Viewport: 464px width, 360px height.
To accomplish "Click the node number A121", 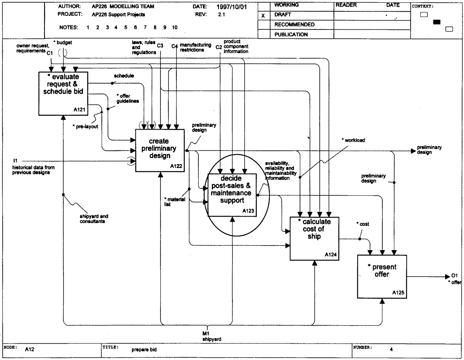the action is tap(79, 110).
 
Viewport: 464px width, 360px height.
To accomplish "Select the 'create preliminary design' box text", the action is tap(159, 148).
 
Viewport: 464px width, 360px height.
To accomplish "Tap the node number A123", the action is tap(248, 211).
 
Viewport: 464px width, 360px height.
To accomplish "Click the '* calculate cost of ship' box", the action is tap(314, 239).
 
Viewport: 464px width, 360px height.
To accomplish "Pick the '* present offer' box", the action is tap(382, 277).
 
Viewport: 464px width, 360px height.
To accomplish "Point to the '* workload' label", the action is tap(353, 140).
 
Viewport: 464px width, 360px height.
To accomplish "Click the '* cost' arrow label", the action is tap(363, 224).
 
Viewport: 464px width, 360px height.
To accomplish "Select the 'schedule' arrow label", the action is tap(124, 76).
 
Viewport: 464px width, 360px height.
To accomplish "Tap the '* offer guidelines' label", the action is tap(128, 99).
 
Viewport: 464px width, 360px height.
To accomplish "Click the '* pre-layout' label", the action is tap(85, 126).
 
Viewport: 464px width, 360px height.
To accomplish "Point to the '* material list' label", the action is tap(175, 202).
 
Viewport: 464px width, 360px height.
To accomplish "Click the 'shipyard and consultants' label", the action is tap(94, 218).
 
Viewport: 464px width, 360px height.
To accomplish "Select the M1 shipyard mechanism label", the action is tap(212, 336).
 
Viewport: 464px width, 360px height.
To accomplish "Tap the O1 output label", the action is tap(455, 275).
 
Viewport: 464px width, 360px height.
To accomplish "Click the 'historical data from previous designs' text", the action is tap(33, 170).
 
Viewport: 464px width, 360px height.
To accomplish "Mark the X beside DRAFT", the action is tap(263, 15).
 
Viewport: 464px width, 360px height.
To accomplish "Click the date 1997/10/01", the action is tap(232, 7).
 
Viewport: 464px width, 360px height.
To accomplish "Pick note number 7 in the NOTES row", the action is tap(145, 27).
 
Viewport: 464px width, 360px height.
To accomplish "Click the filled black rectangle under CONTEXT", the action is tap(437, 22).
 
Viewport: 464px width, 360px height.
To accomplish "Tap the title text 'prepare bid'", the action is tap(144, 350).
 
